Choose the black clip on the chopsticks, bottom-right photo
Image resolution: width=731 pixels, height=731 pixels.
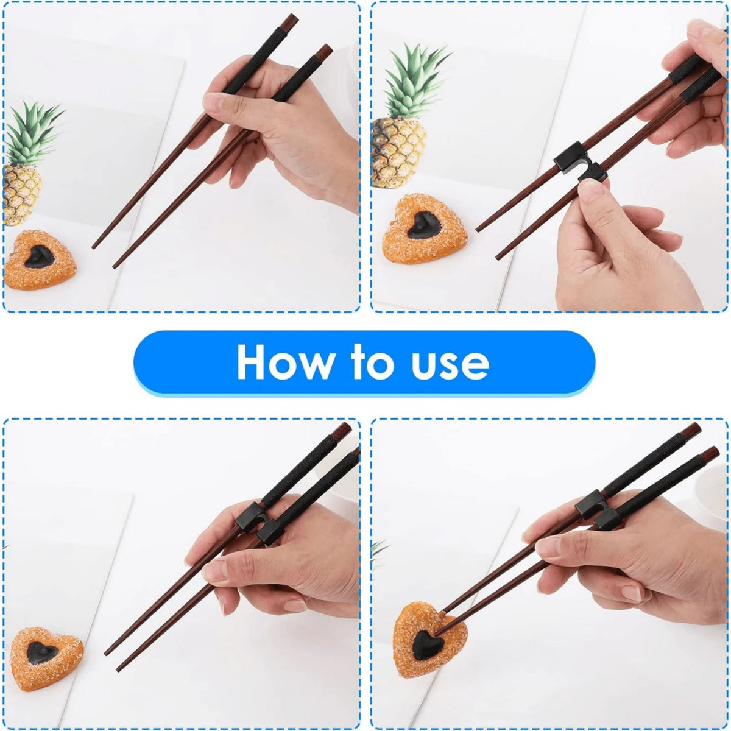pyautogui.click(x=599, y=509)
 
